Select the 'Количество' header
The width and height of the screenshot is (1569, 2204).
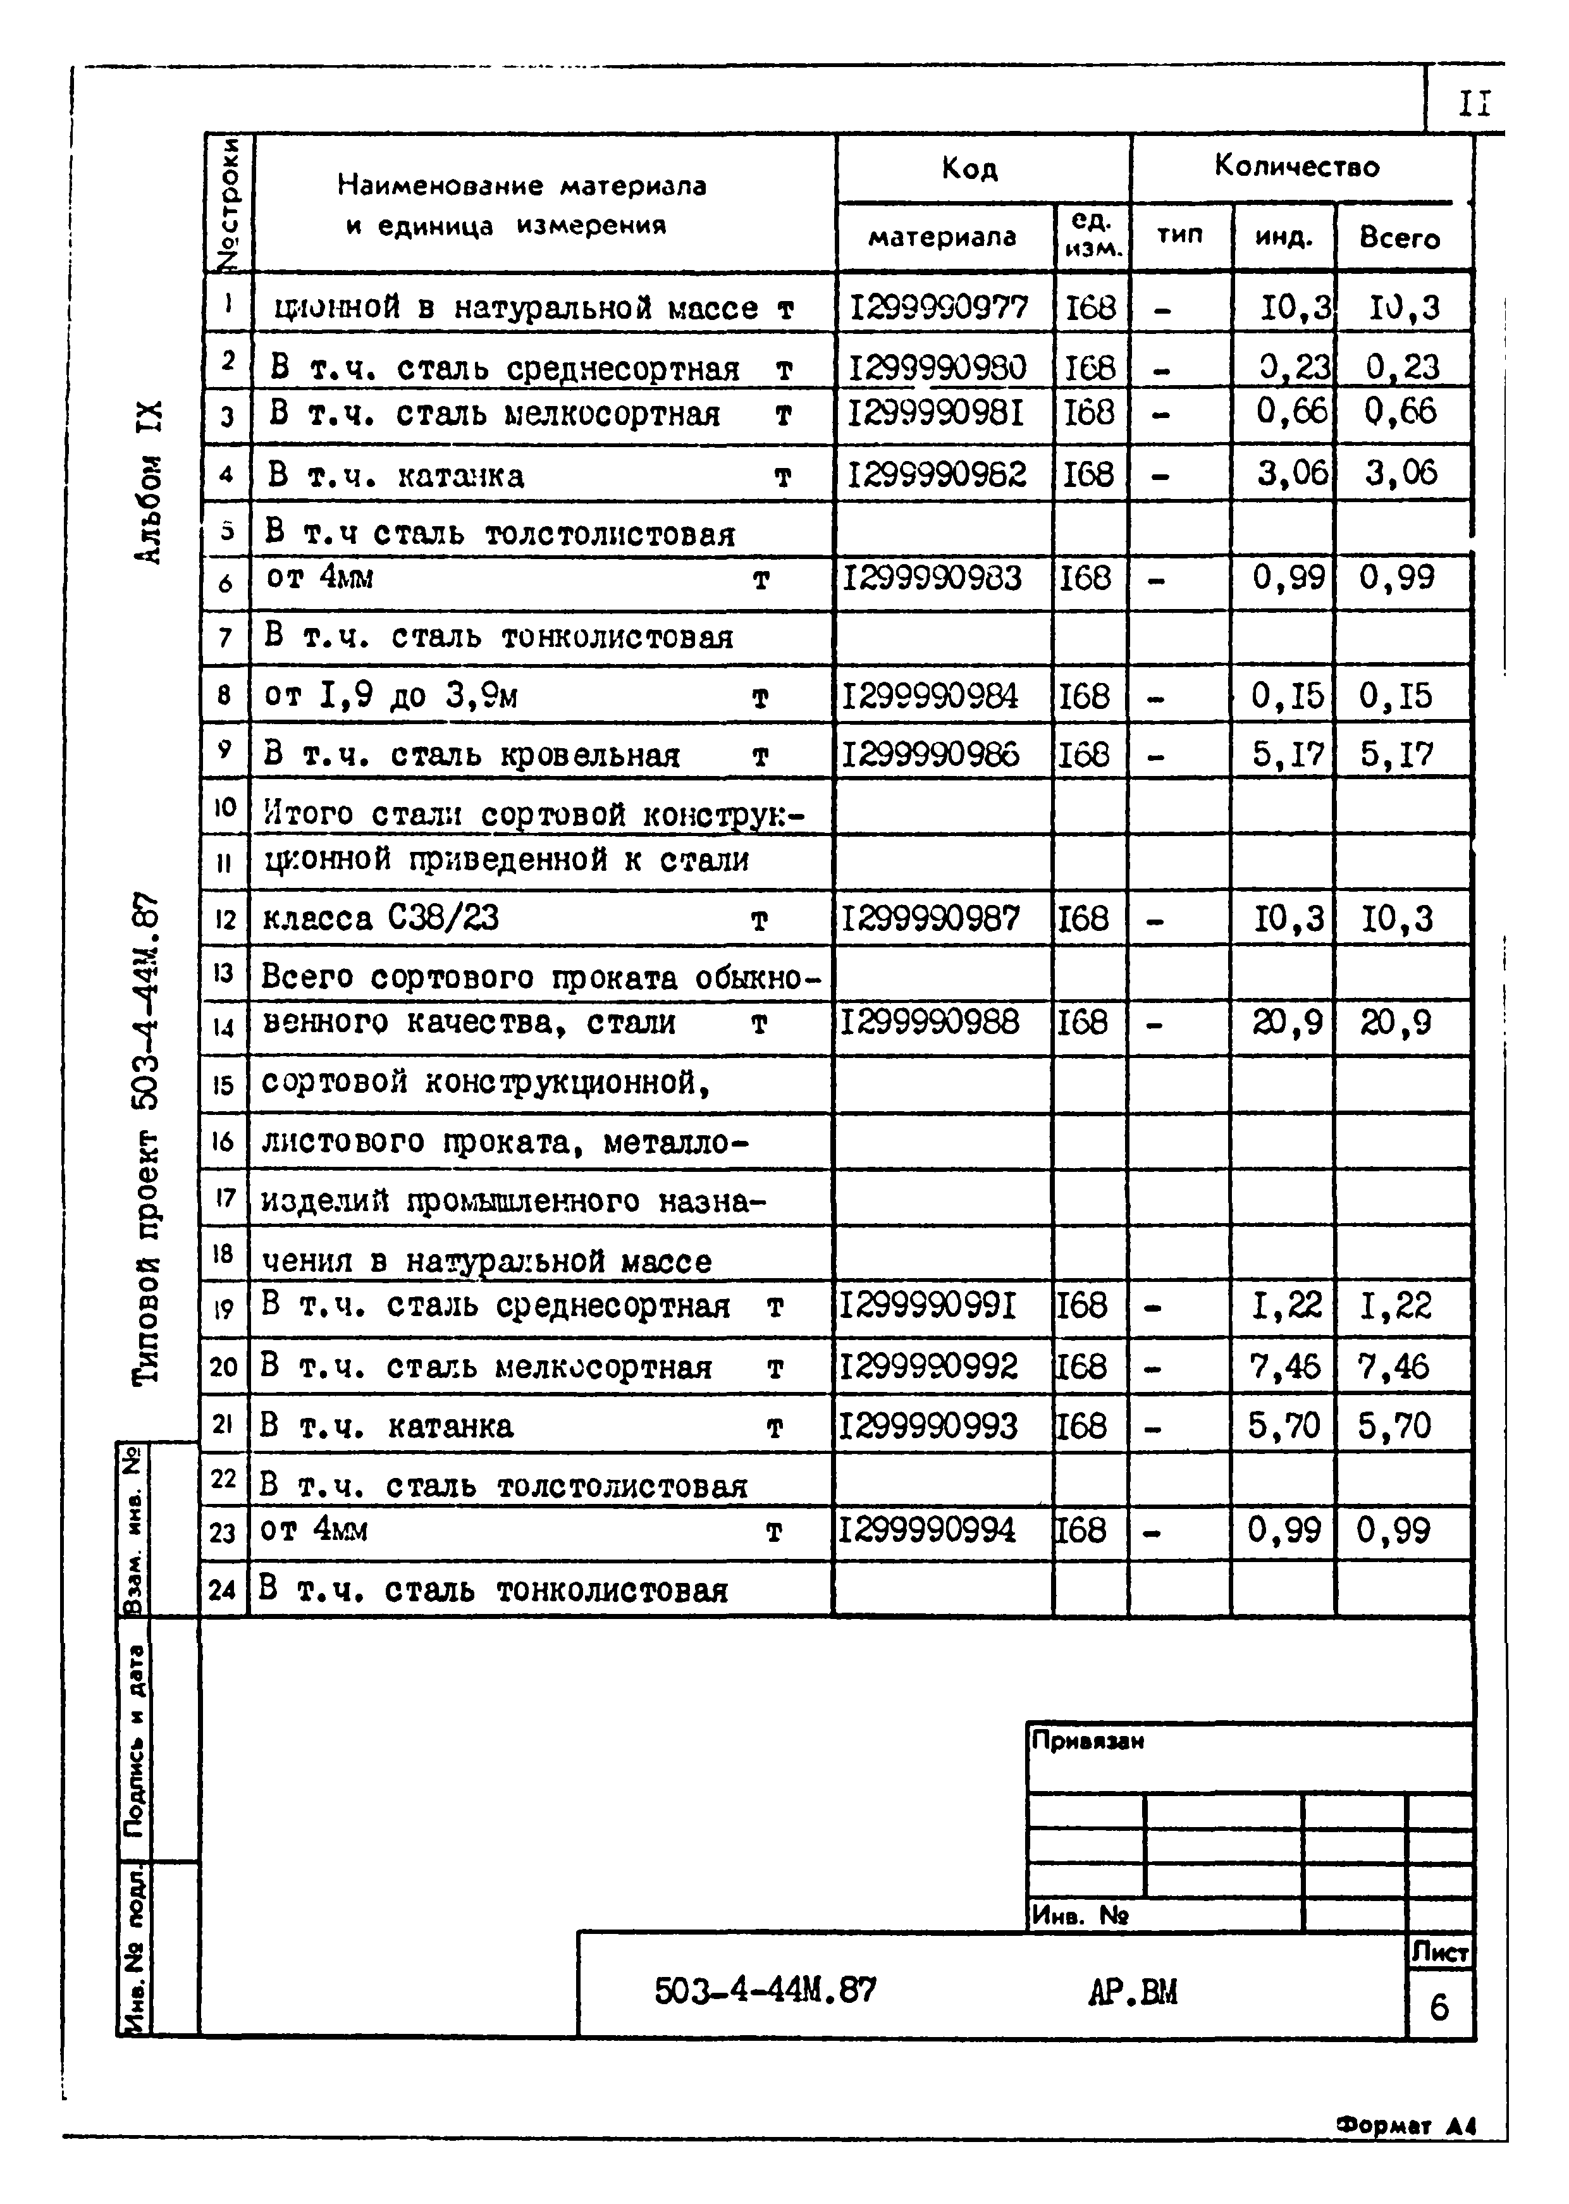(1296, 166)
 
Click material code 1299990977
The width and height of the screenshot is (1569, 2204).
(939, 307)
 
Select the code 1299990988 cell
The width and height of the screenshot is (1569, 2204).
(930, 1021)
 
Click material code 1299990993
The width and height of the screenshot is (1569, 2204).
(928, 1425)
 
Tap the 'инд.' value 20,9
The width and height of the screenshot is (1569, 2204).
(1288, 1021)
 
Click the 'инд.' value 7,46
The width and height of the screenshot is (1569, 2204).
(1284, 1366)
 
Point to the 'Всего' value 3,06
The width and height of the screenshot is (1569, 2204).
(1401, 472)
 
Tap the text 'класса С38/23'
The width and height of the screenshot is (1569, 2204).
(381, 917)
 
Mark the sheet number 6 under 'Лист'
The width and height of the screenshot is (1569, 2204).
(1439, 2008)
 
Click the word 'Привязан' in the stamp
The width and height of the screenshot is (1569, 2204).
(1088, 1741)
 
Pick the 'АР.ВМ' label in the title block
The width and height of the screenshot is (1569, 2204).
(1132, 1992)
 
